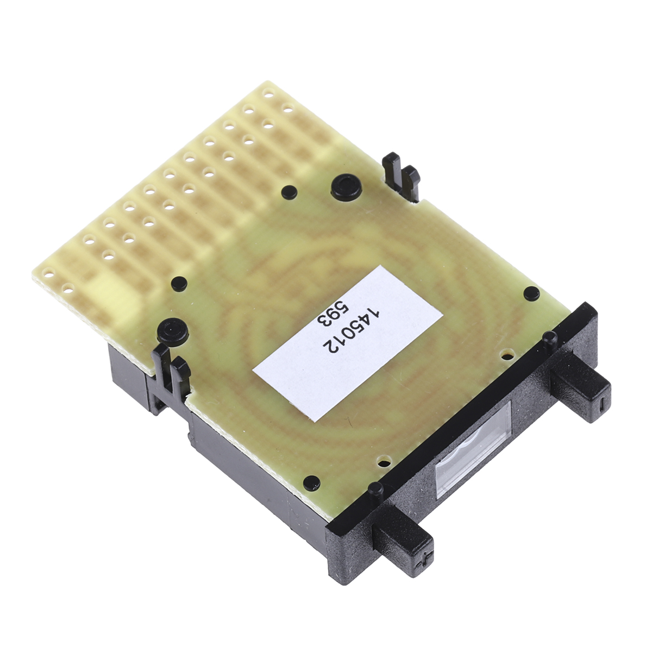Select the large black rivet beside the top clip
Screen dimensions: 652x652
pos(346,186)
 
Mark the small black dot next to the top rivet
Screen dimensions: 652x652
pos(289,192)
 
